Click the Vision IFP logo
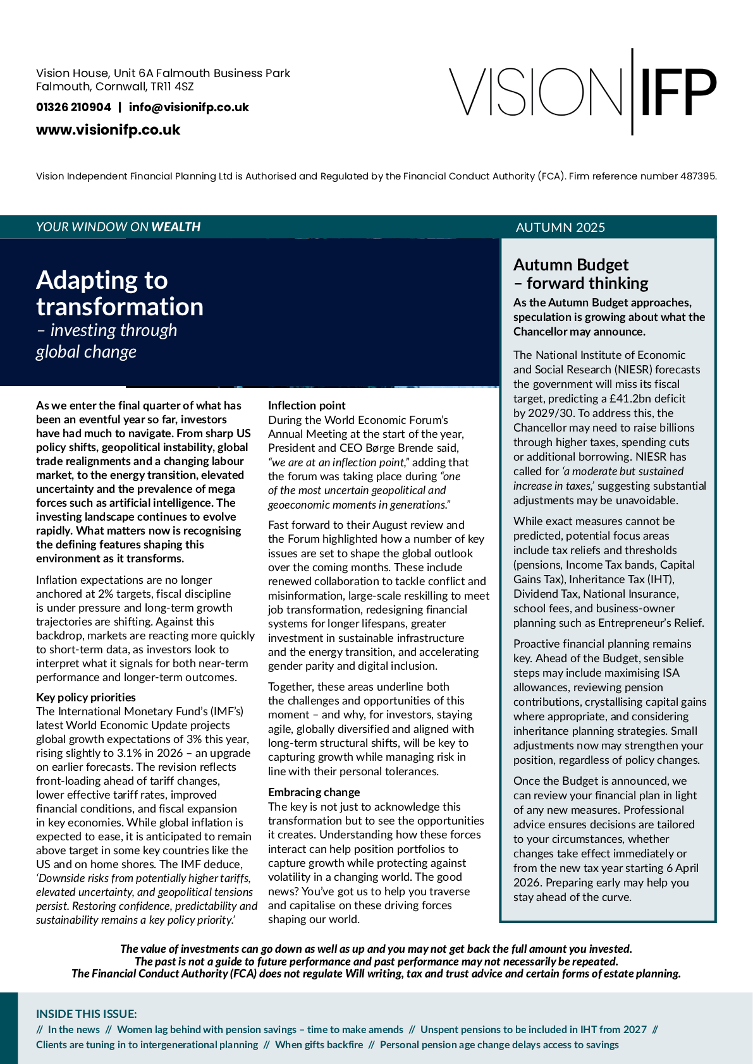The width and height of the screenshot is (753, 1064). click(582, 92)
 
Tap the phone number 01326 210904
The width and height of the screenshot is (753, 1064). click(73, 107)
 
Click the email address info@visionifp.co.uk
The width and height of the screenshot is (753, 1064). click(188, 107)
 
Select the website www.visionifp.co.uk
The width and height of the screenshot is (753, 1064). click(108, 130)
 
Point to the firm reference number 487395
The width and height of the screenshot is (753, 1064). click(697, 176)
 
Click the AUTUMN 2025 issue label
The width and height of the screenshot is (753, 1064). click(560, 227)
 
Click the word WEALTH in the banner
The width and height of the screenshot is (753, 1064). click(176, 227)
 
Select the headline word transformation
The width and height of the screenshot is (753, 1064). click(119, 307)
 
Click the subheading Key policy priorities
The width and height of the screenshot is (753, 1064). click(86, 698)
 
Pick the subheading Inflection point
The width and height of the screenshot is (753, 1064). click(307, 406)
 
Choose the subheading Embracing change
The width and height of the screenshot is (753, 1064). click(314, 792)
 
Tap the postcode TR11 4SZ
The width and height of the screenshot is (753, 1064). click(172, 87)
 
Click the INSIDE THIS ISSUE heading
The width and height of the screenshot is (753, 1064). click(86, 1014)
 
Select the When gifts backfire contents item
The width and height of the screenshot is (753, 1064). click(319, 1044)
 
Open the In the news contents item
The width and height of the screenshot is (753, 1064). click(74, 1029)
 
